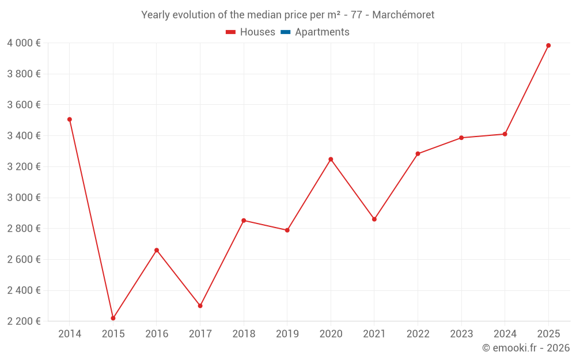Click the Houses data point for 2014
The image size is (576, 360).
coord(70,119)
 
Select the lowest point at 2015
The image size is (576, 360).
coord(113,318)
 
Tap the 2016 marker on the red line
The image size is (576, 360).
coord(157,250)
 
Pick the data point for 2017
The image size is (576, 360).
coord(200,306)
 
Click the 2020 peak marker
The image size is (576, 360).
coord(331,159)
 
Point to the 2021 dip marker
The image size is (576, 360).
coord(374,219)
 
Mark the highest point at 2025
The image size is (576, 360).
coord(548,46)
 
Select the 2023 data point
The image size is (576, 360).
coord(461,138)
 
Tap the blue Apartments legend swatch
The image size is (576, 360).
coord(286,32)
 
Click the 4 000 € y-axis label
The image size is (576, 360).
coord(24,43)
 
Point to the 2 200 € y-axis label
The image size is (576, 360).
coord(24,321)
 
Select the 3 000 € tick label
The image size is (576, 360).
coord(24,198)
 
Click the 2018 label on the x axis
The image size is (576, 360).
coord(244,334)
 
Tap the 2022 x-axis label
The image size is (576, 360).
coord(418,334)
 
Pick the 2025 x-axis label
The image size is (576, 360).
coord(548,334)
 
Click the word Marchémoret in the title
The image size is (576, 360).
coord(403,14)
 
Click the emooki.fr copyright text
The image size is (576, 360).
coord(525,348)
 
